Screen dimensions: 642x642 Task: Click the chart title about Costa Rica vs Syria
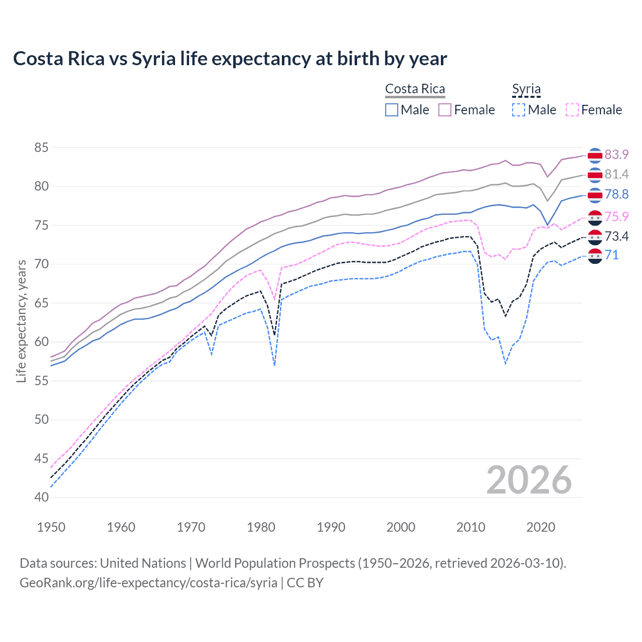tap(230, 59)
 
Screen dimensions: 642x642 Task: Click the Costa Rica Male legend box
tap(392, 110)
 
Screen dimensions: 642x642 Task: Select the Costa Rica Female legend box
tap(445, 110)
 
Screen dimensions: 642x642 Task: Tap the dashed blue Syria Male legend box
tap(519, 110)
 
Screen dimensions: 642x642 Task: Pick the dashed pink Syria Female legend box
tap(572, 110)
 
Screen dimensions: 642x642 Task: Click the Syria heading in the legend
tap(526, 89)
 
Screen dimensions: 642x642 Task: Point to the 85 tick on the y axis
tap(42, 147)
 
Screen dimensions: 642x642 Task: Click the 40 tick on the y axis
tap(42, 497)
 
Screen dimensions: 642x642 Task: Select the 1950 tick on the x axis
tap(51, 527)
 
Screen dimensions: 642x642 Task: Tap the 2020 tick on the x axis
tap(541, 527)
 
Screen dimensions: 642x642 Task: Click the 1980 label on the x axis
tap(261, 527)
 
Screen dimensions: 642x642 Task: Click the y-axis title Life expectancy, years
tap(21, 321)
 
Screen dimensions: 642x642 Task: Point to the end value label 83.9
tap(616, 154)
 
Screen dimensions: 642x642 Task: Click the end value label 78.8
tap(616, 194)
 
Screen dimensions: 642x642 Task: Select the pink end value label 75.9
tap(616, 217)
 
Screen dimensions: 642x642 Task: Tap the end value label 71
tap(612, 255)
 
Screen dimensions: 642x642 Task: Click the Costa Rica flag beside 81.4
tap(595, 175)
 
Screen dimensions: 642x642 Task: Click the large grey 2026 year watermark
tap(529, 480)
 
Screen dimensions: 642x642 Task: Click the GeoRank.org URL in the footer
tap(148, 583)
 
